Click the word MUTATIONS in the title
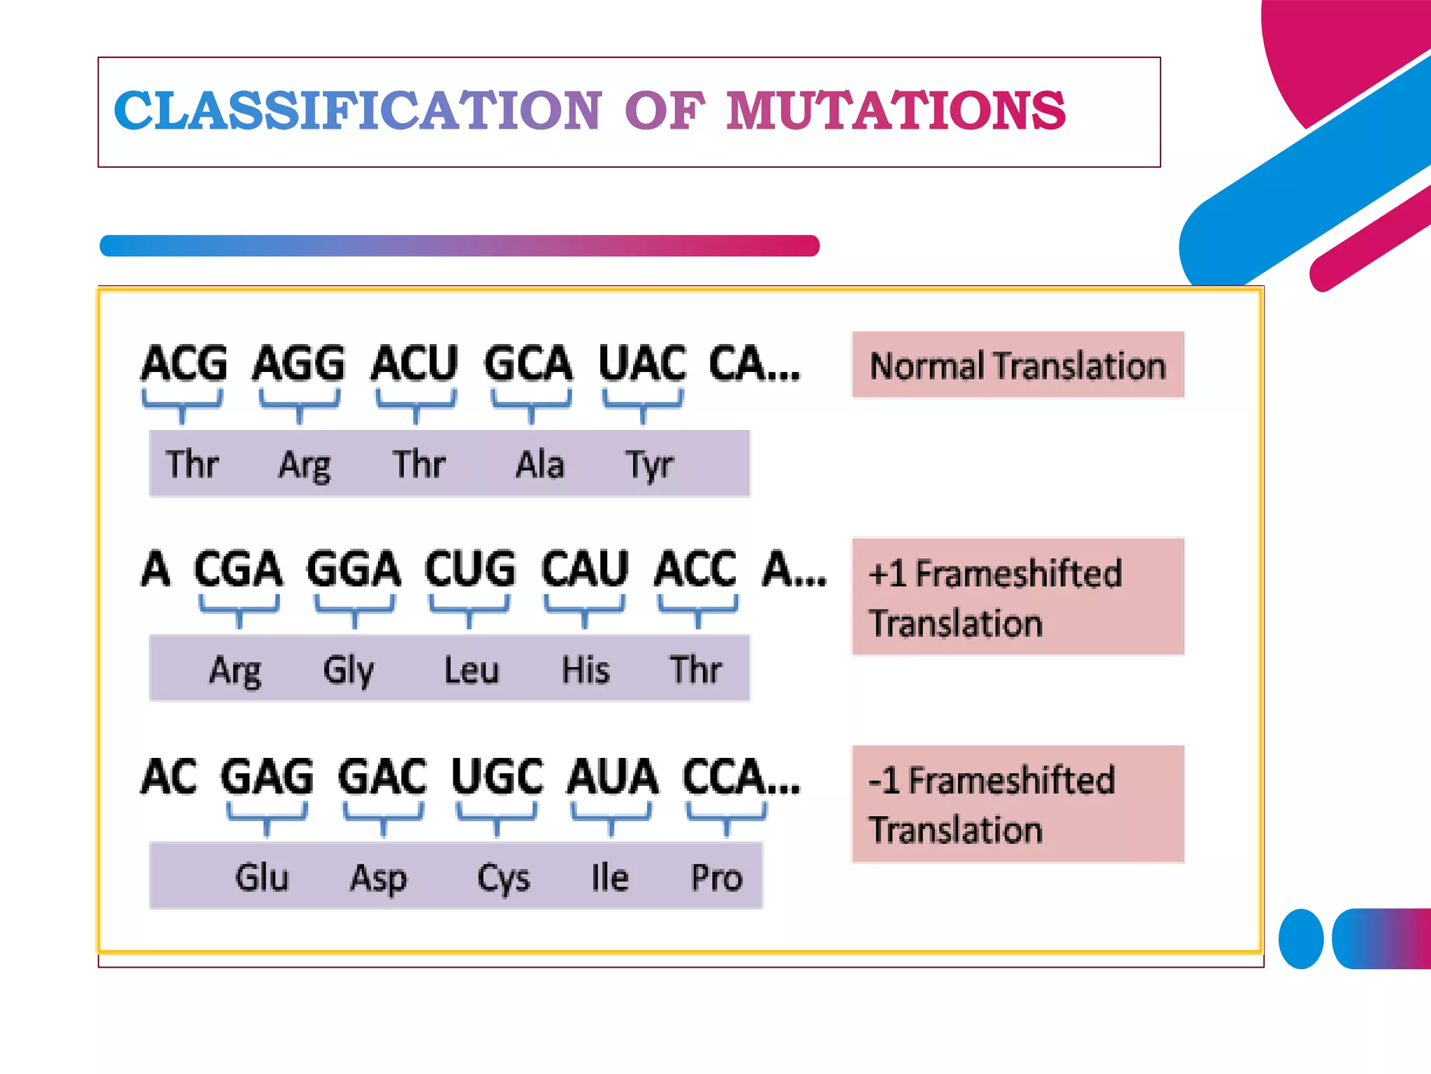tap(895, 111)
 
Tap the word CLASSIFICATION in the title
tap(357, 111)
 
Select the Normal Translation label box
tap(1017, 365)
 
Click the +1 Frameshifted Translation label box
tap(1017, 596)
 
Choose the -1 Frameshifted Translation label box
tap(1017, 804)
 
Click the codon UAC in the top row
tap(642, 364)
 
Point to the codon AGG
tap(299, 364)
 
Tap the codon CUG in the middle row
tap(470, 568)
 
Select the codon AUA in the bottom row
tap(612, 776)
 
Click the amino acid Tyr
tap(649, 465)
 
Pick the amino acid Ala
tap(539, 464)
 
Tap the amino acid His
tap(586, 669)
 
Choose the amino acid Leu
tap(472, 669)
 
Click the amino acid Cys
tap(503, 878)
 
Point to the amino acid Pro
tap(716, 877)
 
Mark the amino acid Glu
tap(261, 877)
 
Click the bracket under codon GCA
tap(531, 406)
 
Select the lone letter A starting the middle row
tap(155, 568)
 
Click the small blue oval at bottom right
tap(1300, 938)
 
